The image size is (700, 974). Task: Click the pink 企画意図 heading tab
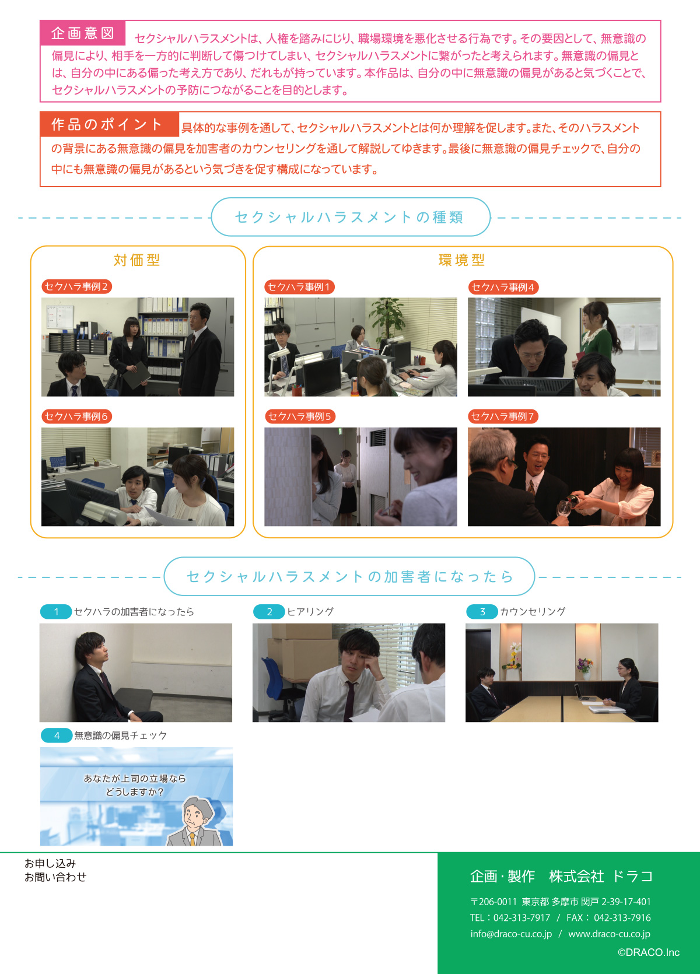(83, 33)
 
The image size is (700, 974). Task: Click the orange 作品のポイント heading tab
(109, 124)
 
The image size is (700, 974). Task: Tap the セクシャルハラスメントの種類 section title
(350, 217)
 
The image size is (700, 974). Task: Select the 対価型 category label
(137, 260)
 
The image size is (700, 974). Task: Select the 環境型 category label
(462, 260)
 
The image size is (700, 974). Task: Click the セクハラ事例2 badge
(76, 286)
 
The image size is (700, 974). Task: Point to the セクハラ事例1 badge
(299, 287)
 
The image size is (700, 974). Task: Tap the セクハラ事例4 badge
(503, 287)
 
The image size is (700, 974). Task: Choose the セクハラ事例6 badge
(76, 416)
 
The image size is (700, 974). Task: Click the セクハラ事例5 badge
(300, 416)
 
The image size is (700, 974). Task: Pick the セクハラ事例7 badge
(503, 416)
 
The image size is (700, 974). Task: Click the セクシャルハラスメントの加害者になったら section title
(349, 577)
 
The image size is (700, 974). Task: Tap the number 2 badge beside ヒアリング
(269, 612)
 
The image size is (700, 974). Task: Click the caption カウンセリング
(533, 611)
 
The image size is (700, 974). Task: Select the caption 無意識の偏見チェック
(120, 735)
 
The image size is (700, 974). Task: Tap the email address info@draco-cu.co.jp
(511, 934)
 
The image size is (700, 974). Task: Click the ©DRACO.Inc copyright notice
(648, 952)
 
